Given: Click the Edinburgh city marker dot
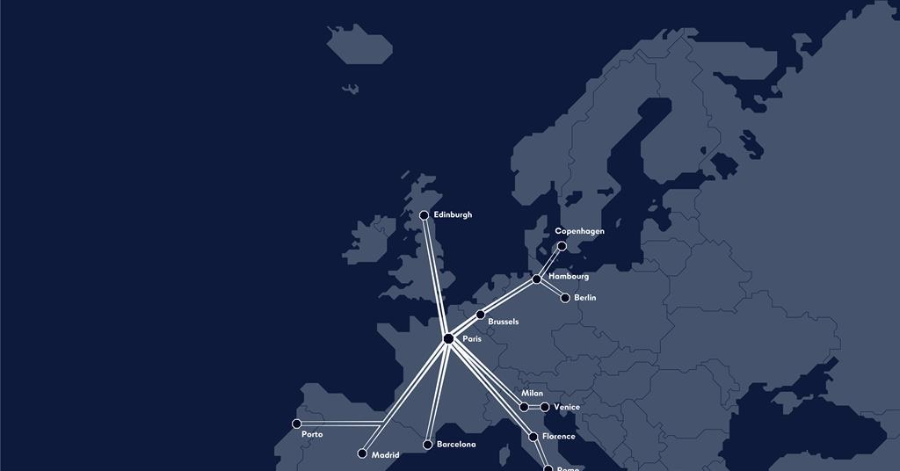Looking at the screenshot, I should point(424,215).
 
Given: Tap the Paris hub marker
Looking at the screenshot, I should point(448,338).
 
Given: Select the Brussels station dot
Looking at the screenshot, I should point(480,315).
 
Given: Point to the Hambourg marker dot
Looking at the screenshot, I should point(537,279).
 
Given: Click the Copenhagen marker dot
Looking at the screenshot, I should point(562,246).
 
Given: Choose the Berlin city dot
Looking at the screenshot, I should point(565,298).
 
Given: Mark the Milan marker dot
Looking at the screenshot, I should point(524,407).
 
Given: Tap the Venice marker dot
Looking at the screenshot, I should point(545,407).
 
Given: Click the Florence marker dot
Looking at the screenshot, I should point(533,437).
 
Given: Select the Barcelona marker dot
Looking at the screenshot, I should point(427,445).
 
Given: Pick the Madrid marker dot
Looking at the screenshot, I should point(361,454).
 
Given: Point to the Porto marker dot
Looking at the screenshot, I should point(296,424).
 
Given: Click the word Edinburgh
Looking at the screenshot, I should point(453,214).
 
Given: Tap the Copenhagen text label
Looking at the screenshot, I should point(579,231).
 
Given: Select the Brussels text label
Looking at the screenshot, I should point(503,322).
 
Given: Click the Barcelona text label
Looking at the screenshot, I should point(456,445).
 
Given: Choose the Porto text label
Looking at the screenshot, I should point(312,435).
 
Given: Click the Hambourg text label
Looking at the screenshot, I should point(569,277).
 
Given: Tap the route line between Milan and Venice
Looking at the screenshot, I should point(534,407).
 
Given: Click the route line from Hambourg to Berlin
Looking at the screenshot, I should point(551,289).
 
